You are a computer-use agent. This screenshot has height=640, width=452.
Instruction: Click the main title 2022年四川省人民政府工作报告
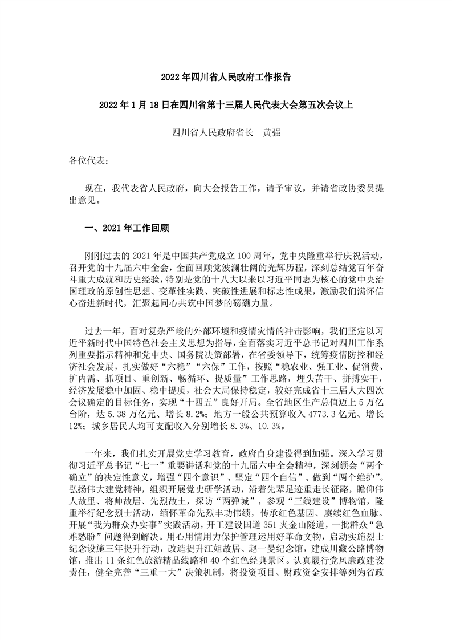click(x=226, y=76)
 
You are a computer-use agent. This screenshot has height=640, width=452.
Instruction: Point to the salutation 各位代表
click(x=86, y=161)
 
